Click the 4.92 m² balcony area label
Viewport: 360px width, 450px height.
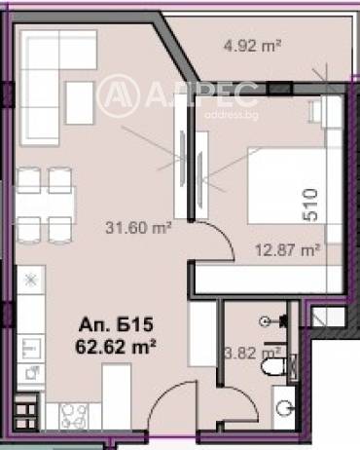252,46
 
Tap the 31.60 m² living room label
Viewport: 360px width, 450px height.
138,228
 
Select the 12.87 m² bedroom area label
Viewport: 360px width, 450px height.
288,250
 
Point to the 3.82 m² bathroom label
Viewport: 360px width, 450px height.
253,353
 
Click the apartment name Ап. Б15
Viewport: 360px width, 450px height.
116,324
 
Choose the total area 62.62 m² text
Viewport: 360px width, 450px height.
116,347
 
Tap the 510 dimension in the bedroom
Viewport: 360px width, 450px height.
310,206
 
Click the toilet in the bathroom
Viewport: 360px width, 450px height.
274,367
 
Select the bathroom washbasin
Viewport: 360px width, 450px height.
284,406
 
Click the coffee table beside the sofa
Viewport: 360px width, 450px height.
80,102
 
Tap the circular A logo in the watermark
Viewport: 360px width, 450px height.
119,95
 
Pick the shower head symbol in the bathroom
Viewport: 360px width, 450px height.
272,321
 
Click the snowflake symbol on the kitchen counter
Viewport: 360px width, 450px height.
31,280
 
